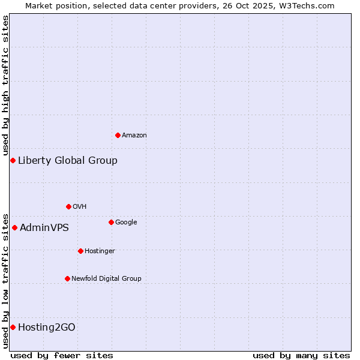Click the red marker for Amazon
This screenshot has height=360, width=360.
[118, 135]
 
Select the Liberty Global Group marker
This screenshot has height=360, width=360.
[13, 160]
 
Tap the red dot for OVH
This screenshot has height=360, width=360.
[68, 206]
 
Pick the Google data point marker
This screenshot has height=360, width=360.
[111, 222]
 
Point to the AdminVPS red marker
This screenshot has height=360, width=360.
[14, 227]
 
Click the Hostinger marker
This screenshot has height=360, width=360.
[80, 251]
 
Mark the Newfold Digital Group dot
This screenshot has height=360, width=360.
[67, 278]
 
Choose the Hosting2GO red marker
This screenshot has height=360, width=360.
[13, 327]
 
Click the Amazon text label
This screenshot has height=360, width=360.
[134, 136]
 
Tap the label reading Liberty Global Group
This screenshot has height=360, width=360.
[68, 160]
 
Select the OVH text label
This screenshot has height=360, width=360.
[80, 207]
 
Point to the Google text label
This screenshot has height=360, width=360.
[126, 223]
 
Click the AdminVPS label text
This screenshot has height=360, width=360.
[44, 227]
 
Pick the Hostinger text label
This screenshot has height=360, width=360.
[100, 251]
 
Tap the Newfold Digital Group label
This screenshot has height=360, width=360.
[106, 278]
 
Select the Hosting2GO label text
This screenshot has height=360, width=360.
[47, 327]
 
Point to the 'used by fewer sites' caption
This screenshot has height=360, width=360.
[62, 355]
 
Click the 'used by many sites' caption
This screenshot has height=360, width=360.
[301, 355]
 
